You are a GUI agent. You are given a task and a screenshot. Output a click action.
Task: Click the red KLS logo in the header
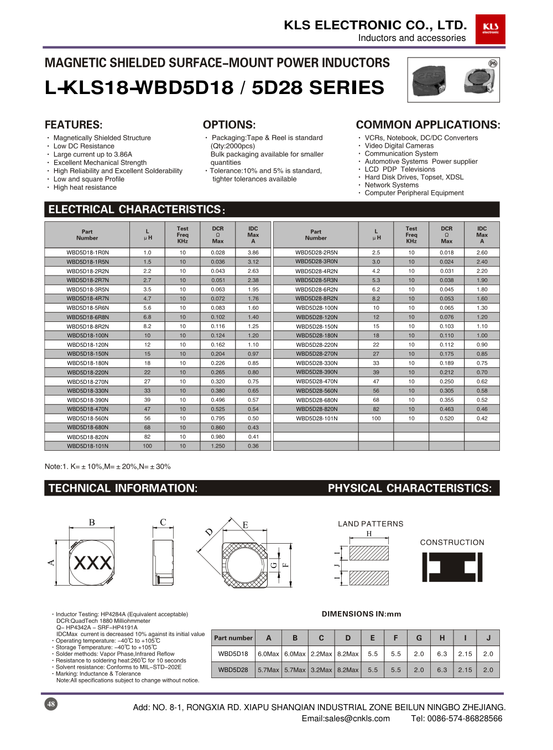pos(490,29)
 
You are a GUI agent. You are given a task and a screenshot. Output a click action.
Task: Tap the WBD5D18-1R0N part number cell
pos(87,253)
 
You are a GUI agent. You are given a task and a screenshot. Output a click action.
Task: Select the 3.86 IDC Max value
pos(253,253)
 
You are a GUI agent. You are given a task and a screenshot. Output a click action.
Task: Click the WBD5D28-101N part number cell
pos(316,419)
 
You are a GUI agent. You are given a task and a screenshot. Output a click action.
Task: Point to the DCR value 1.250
pos(218,446)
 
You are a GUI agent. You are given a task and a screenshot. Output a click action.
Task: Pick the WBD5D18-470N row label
pos(87,409)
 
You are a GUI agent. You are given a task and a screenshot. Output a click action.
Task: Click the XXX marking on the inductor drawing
pos(92,563)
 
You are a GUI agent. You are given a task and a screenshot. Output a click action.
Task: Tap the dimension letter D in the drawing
pos(209,532)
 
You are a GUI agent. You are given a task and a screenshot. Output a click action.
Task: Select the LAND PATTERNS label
pos(371,524)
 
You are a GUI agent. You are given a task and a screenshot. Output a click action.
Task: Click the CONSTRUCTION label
pos(452,543)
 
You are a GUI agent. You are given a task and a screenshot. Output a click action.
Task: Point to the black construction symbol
pos(452,567)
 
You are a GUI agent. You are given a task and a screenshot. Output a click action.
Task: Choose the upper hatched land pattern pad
pos(369,553)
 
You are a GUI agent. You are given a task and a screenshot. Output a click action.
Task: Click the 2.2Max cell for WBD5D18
pos(321,654)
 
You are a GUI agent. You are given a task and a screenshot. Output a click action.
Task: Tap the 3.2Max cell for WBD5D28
pos(321,670)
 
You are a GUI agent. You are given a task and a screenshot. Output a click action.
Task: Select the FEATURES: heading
pos(74,125)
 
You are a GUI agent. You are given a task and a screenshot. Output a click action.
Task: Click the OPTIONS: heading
pos(229,125)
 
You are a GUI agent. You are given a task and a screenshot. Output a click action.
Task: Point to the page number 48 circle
pos(51,704)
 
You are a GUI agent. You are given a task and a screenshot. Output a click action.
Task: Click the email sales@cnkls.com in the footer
pos(346,718)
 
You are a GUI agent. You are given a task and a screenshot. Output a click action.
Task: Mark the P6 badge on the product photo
pos(493,64)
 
